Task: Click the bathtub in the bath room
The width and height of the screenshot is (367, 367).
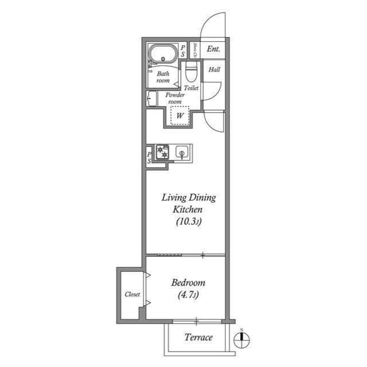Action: click(163, 55)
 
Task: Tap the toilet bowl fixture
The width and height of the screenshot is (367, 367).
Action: click(191, 73)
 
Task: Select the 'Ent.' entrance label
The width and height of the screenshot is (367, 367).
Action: click(214, 49)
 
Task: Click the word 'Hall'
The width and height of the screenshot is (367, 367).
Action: click(214, 70)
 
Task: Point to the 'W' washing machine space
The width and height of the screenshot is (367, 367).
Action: click(180, 116)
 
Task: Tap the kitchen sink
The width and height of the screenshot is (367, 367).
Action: click(182, 153)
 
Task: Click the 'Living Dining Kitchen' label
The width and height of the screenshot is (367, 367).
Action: click(188, 204)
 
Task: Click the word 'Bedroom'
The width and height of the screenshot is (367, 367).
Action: click(188, 283)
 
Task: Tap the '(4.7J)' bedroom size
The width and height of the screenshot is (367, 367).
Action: click(188, 295)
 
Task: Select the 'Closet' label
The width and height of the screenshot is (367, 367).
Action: click(132, 294)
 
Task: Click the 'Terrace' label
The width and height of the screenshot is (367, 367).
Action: click(198, 337)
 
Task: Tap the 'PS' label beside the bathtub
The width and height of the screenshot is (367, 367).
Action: click(183, 50)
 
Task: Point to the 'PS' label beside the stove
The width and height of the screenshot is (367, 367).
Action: click(149, 158)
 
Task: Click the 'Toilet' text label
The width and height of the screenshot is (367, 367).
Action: click(192, 88)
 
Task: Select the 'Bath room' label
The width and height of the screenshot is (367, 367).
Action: click(163, 77)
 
